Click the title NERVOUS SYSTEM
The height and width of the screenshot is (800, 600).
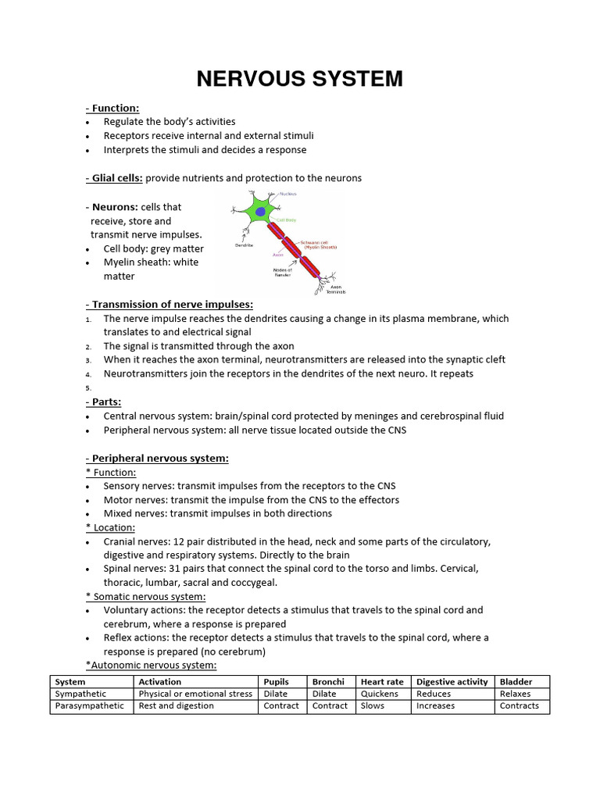click(x=299, y=79)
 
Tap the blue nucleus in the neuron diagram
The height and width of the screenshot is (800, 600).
click(x=259, y=211)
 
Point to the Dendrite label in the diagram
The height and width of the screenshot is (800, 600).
click(x=245, y=245)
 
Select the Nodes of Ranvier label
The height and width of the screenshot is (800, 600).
click(x=283, y=272)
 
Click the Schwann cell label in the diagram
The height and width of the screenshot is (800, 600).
click(x=320, y=245)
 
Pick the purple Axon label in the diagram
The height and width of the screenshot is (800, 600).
click(x=278, y=255)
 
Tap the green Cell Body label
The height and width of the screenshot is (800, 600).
click(x=287, y=220)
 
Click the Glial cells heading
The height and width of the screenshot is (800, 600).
click(x=114, y=178)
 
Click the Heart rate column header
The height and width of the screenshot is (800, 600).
click(x=382, y=682)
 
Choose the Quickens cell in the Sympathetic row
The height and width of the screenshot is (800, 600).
click(x=379, y=694)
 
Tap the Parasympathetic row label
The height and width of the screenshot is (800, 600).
click(x=89, y=705)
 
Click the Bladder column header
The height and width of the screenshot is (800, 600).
click(x=516, y=682)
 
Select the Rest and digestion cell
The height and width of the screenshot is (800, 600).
click(x=176, y=705)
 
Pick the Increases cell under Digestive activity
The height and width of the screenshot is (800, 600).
click(x=435, y=705)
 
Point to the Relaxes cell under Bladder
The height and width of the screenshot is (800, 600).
click(x=515, y=694)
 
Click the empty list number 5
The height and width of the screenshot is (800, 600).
click(x=88, y=388)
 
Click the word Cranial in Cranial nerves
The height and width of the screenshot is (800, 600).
click(x=121, y=541)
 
